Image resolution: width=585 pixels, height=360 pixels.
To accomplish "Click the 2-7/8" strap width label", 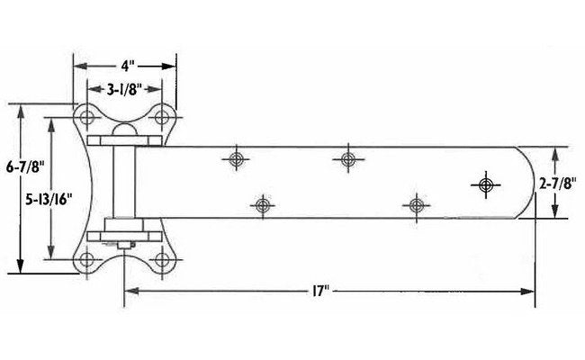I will (x=556, y=183).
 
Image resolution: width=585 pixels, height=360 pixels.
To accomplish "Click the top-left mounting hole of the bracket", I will (x=88, y=119).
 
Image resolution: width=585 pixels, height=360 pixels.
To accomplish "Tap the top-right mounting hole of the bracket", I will (x=162, y=119).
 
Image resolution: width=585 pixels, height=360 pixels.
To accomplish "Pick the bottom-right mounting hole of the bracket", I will (x=162, y=259).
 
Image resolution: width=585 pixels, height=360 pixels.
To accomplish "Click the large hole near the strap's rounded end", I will (x=486, y=184).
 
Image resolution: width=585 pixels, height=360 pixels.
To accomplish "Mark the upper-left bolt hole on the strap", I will (x=237, y=159).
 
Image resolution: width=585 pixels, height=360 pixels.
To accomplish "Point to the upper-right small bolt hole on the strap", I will (x=347, y=159).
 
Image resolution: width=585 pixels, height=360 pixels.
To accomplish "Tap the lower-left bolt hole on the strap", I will (x=263, y=206).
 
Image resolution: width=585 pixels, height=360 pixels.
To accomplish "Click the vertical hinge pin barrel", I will (x=124, y=184).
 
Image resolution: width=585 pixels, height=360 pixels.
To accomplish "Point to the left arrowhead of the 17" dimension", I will (x=128, y=290).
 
